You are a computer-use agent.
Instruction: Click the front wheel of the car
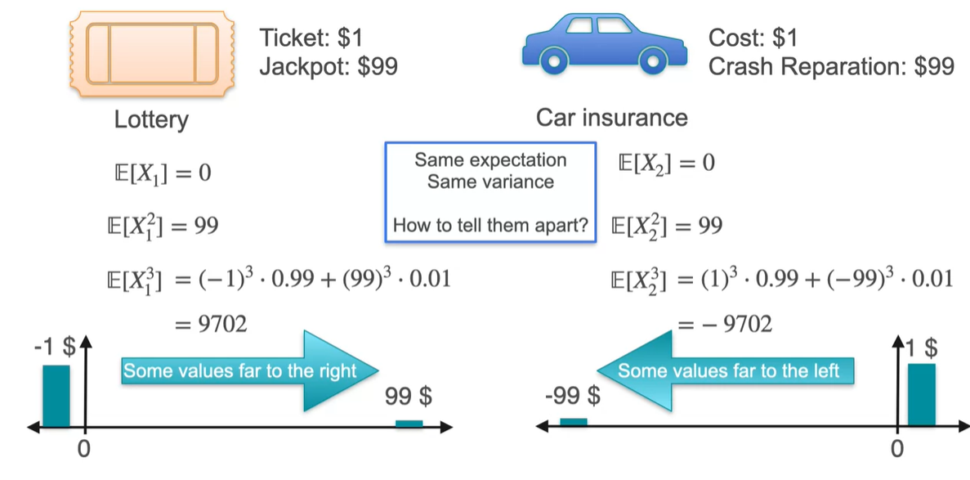click(651, 60)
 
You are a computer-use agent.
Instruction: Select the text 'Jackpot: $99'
click(329, 66)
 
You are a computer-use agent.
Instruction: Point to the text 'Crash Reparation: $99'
click(831, 66)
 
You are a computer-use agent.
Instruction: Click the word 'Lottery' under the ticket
click(151, 120)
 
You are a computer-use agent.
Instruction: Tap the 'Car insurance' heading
click(611, 118)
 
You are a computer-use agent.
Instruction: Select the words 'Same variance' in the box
click(490, 181)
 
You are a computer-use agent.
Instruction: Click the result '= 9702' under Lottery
click(211, 325)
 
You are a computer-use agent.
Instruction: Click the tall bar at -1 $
click(56, 396)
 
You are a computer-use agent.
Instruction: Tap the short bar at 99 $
click(409, 423)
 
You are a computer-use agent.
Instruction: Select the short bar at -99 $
click(573, 422)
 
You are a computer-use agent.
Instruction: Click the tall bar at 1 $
click(921, 395)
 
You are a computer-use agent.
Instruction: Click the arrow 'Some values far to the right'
click(249, 371)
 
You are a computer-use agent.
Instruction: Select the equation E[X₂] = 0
click(667, 163)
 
